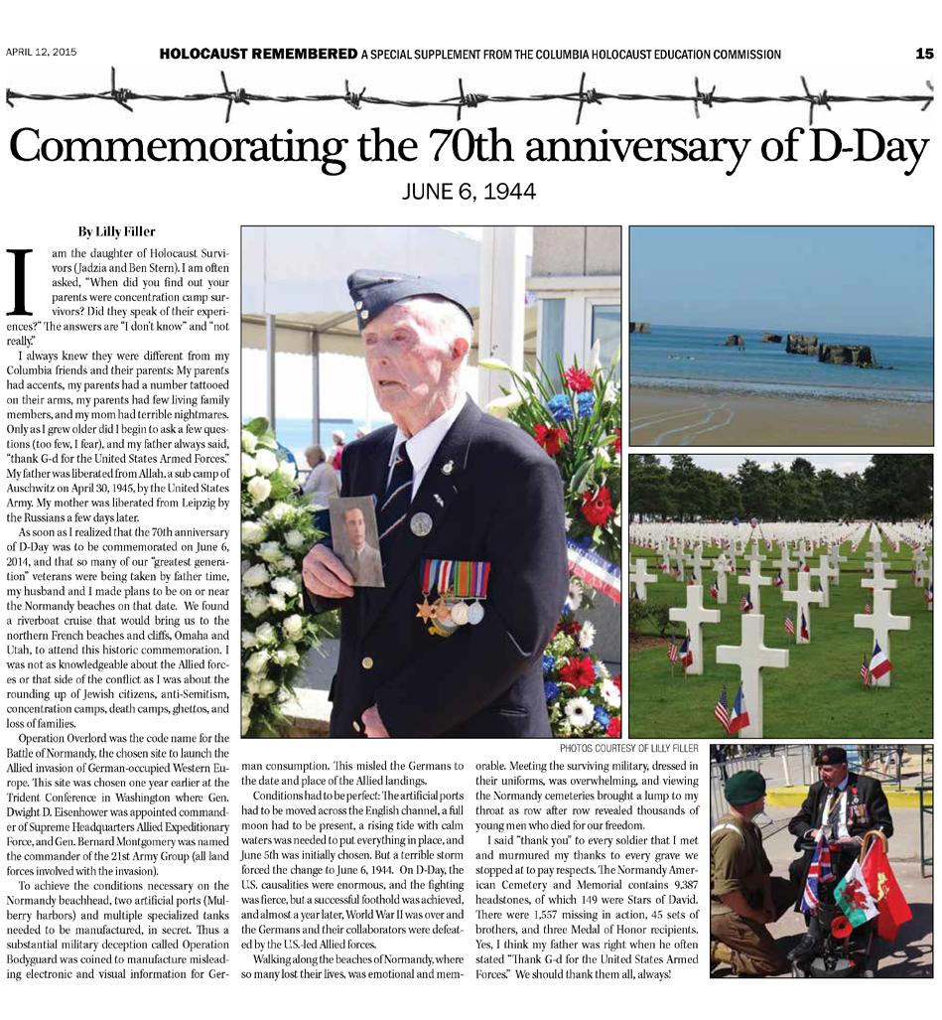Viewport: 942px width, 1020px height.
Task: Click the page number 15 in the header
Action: point(924,54)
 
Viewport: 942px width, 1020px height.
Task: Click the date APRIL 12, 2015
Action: point(42,52)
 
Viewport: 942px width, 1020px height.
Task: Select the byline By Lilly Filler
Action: point(117,231)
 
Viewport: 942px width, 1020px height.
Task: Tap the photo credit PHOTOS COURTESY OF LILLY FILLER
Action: point(628,747)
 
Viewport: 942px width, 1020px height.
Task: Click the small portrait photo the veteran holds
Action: point(356,540)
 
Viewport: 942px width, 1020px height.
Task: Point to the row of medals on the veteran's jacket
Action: point(453,594)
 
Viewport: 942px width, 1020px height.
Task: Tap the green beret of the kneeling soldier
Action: point(744,787)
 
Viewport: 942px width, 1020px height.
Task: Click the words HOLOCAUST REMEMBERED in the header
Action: point(258,54)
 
